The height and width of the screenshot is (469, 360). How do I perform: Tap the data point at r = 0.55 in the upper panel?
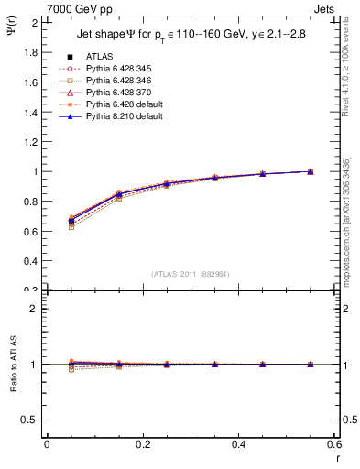click(310, 171)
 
